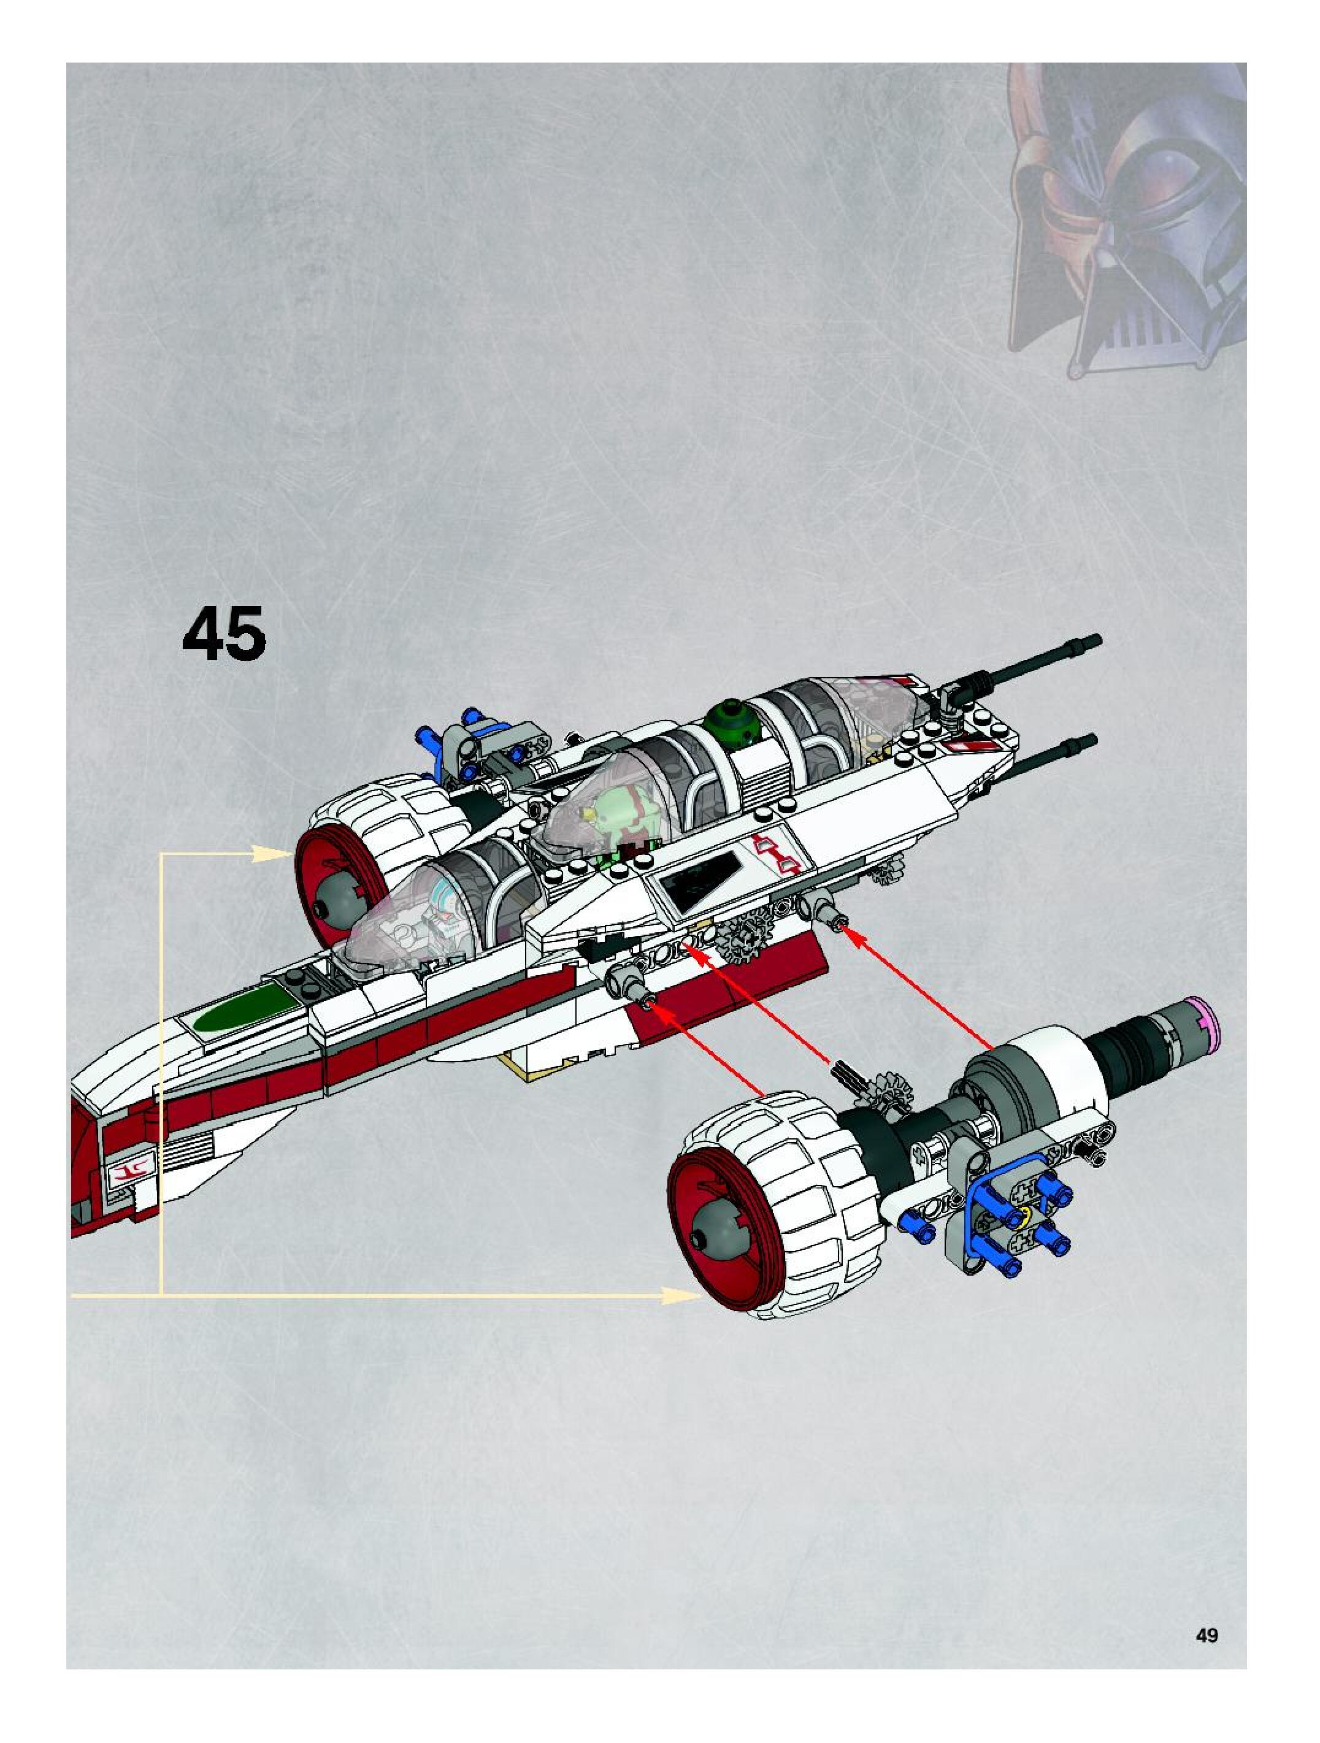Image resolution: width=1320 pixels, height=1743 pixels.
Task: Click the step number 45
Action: point(224,633)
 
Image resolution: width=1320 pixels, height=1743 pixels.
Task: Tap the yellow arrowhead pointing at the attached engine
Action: point(272,852)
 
